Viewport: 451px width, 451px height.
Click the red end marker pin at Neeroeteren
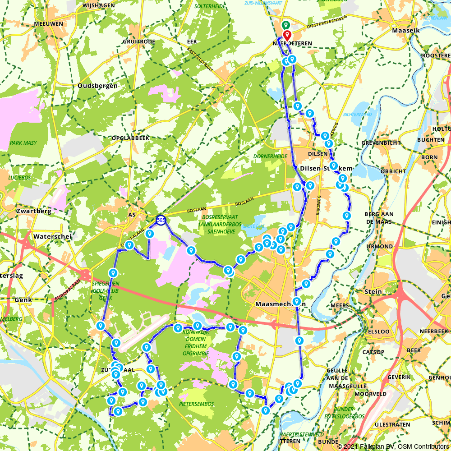(x=287, y=36)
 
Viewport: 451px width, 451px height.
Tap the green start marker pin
(x=285, y=26)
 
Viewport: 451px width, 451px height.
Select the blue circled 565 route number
(x=161, y=220)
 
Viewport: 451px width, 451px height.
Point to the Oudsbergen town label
(x=97, y=86)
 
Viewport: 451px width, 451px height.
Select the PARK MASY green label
(x=23, y=143)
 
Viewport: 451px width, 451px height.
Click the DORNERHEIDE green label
(x=270, y=156)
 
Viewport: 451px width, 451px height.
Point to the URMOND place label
(x=379, y=246)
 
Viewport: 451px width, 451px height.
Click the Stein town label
(x=373, y=291)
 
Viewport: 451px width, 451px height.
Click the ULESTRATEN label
(x=395, y=424)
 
